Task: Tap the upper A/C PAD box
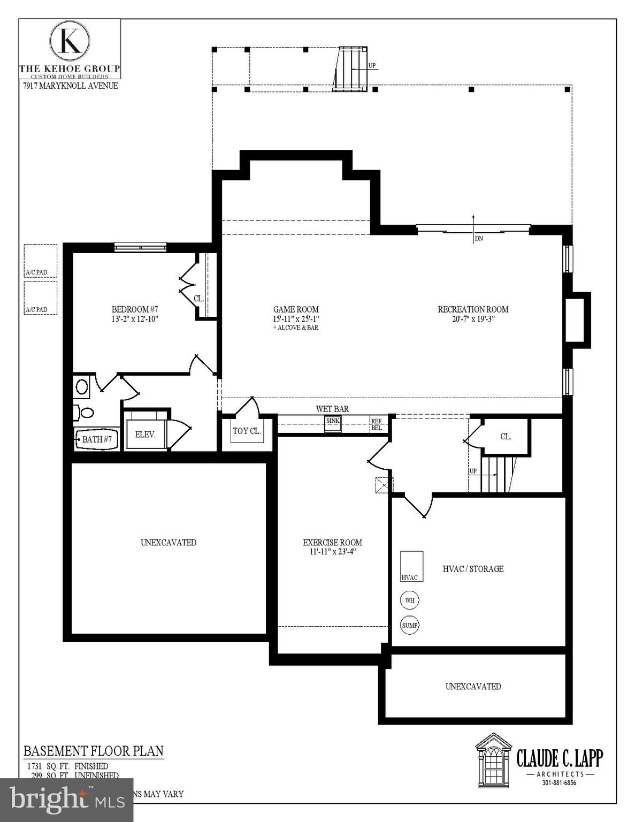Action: coord(41,261)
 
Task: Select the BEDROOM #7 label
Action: coord(135,309)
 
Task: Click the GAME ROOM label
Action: coord(296,309)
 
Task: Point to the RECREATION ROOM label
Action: coord(473,309)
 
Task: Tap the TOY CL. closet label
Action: coord(247,431)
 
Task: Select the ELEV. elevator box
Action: coord(145,435)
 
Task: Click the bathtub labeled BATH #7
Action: coord(96,439)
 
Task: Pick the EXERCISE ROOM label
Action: coord(332,543)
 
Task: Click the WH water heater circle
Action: coord(410,600)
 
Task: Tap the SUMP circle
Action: coord(410,625)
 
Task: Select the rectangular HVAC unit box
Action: coord(412,566)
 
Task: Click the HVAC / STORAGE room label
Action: coord(473,569)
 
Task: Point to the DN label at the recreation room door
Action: coord(479,239)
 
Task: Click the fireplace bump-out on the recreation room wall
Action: coord(578,320)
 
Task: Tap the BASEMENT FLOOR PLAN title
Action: coord(93,751)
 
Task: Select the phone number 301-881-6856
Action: coord(560,783)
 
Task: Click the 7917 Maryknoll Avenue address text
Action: coord(70,86)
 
